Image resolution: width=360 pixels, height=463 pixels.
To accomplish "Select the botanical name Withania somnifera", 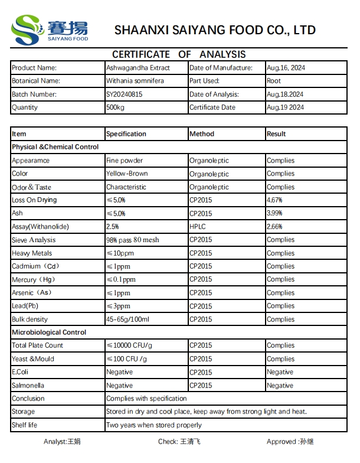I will tap(135, 81).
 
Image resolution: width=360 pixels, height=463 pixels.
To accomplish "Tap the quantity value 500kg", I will tap(116, 107).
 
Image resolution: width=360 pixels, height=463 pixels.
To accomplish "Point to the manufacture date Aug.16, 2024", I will tap(286, 68).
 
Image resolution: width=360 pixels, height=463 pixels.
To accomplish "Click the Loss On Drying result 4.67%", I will tap(274, 200).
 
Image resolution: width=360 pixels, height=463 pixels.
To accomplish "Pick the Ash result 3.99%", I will tap(274, 213).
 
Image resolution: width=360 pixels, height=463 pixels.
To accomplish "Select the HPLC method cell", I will tap(198, 227).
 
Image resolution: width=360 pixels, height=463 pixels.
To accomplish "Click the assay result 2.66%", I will tap(274, 227).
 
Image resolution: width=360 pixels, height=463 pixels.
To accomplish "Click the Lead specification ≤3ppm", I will tap(119, 306).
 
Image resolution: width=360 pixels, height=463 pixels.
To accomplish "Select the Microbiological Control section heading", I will tap(49, 332).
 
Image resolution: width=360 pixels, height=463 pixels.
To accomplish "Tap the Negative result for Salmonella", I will tap(280, 386).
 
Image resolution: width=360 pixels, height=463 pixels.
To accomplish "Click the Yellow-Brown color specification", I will tap(127, 174).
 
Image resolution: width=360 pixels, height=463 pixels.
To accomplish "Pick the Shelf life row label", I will tap(24, 425).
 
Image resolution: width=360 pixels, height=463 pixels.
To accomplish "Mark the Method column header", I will tap(202, 134).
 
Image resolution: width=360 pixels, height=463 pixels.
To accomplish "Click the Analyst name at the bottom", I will tap(62, 442).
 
